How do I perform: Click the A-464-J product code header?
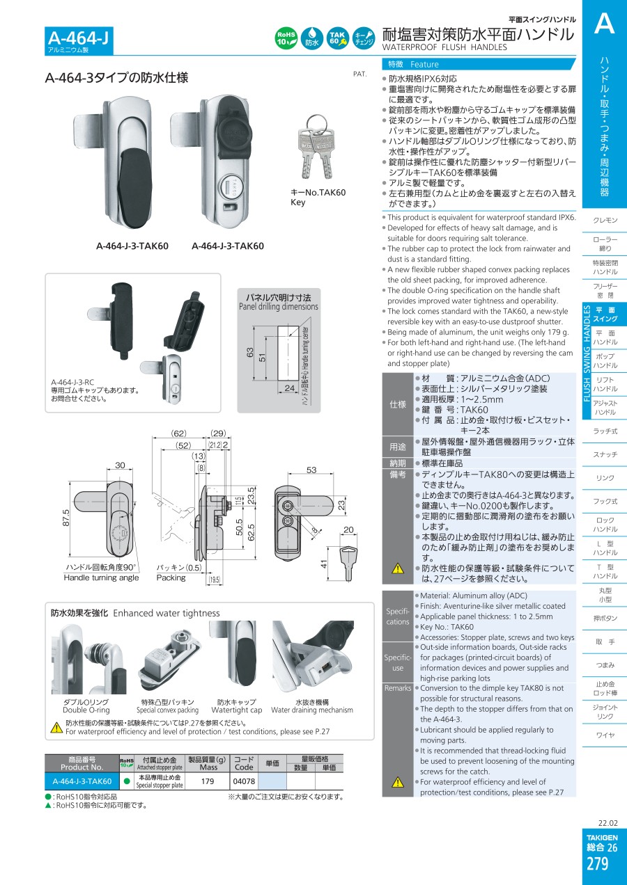(78, 38)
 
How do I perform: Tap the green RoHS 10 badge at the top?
(286, 38)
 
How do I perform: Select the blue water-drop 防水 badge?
(311, 38)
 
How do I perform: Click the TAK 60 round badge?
(337, 38)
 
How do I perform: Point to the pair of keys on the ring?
(316, 147)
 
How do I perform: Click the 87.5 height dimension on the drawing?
(65, 518)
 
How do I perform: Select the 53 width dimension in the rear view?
(311, 470)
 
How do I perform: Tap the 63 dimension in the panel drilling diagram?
(249, 353)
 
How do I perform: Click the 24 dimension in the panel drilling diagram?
(290, 388)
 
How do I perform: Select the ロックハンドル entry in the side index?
(605, 525)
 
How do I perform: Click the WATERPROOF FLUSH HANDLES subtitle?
(444, 47)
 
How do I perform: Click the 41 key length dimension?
(324, 564)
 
